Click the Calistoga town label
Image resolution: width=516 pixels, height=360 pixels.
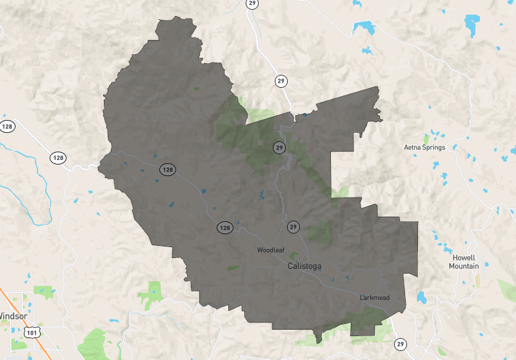coord(304,266)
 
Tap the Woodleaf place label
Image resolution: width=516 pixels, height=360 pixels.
coord(270,250)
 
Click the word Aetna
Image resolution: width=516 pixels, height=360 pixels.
coord(413,146)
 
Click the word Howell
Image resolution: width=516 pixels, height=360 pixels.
coord(464,257)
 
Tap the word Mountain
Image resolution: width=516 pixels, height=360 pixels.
coord(464,266)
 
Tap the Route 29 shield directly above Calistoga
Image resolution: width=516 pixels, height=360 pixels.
coord(293,227)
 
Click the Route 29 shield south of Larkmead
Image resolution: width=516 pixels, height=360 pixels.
coord(401,344)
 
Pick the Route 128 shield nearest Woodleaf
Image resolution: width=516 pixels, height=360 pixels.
coord(224,228)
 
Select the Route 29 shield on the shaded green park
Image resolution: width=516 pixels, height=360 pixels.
coord(279,148)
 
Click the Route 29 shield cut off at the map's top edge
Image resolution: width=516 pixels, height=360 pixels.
coord(252,3)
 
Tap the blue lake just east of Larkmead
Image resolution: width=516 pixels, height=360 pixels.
coord(422,297)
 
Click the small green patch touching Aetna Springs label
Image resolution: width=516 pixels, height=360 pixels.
coord(426,138)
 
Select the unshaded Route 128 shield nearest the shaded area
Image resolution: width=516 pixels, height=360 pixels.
coord(58,157)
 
